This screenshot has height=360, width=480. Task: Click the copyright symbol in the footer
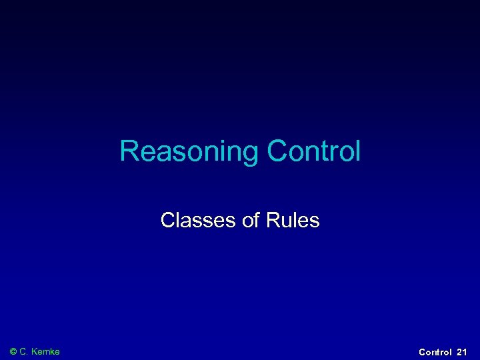13,351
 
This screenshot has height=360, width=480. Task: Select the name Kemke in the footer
46,351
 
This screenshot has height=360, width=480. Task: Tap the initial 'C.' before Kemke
26,351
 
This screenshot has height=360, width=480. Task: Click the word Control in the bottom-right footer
435,351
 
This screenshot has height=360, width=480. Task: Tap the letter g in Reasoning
249,155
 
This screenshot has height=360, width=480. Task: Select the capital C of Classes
167,220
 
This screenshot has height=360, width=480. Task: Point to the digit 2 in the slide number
460,351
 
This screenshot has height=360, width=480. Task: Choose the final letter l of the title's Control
358,152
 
